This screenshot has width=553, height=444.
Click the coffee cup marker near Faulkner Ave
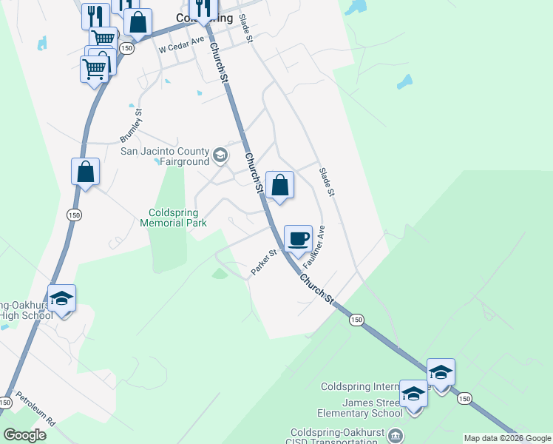click(x=298, y=239)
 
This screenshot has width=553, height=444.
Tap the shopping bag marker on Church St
click(x=280, y=185)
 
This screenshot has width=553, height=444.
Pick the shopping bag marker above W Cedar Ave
click(x=138, y=22)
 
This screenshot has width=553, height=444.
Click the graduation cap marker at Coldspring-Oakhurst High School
click(x=62, y=298)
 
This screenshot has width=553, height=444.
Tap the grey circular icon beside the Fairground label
click(x=220, y=155)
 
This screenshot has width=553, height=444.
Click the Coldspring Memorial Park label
click(x=173, y=217)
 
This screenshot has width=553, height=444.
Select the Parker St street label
click(x=263, y=263)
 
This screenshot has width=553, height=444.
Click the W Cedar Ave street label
click(x=181, y=46)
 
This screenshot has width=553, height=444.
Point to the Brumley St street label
click(x=131, y=127)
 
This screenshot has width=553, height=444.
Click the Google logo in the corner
click(x=24, y=435)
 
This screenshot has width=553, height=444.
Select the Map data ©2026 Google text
click(x=507, y=438)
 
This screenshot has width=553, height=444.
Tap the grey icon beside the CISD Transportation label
click(x=396, y=434)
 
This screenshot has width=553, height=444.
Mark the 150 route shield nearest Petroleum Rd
click(x=6, y=403)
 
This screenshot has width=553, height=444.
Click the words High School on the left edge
click(x=26, y=316)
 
